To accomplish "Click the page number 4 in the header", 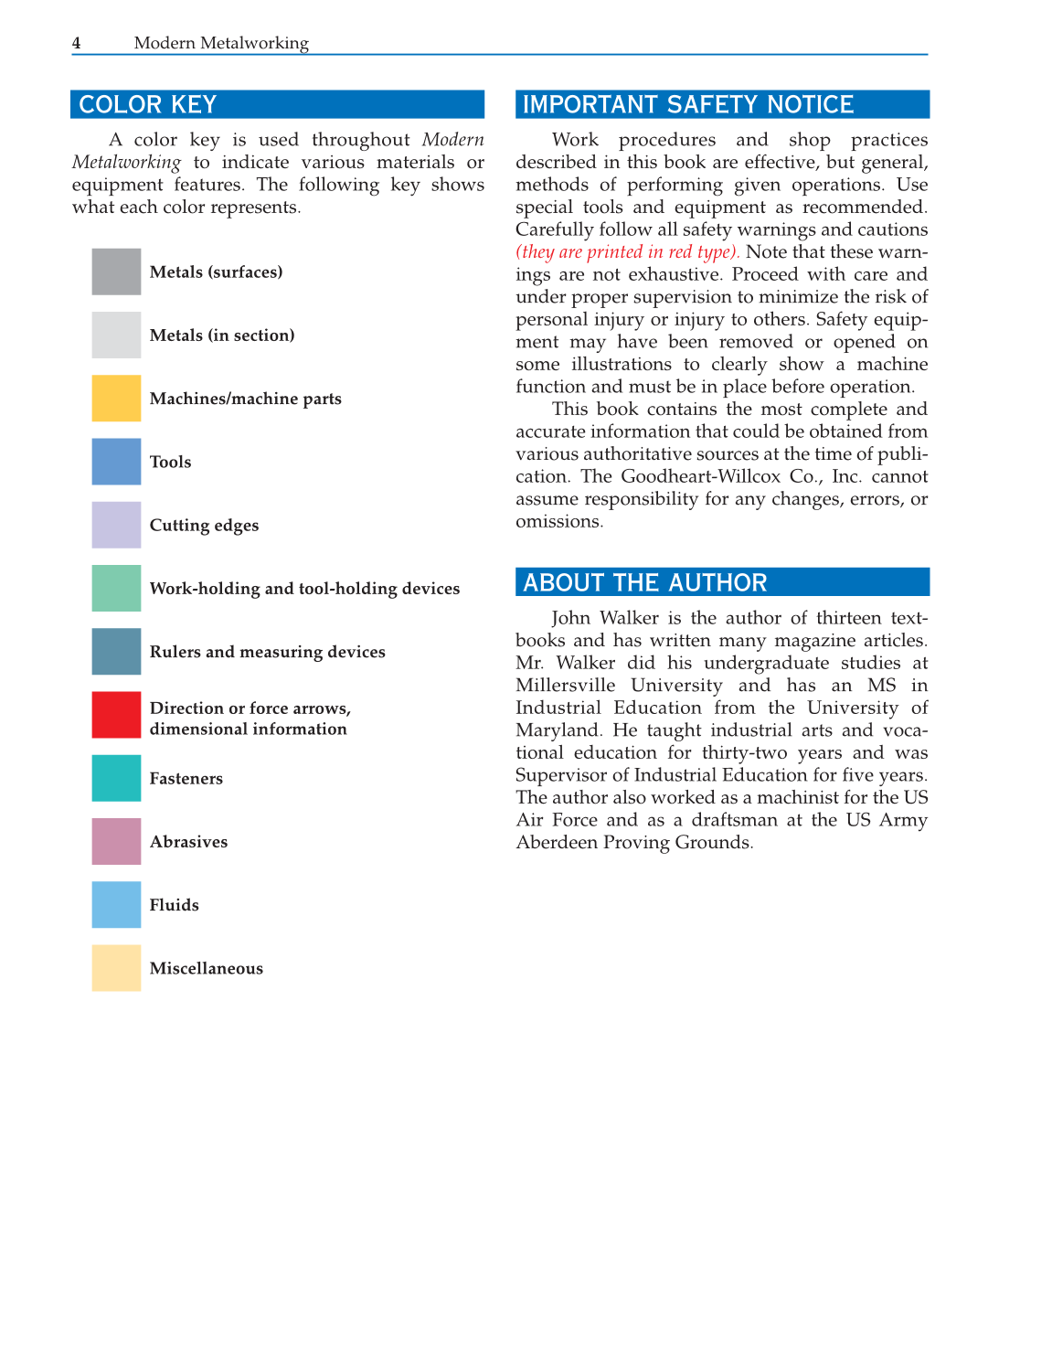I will [77, 43].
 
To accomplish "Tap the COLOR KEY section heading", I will [147, 104].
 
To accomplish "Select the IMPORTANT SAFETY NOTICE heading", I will [687, 104].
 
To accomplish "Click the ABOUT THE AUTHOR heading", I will [644, 582].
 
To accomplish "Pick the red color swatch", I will [116, 715].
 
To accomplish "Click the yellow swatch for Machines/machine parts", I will [116, 399].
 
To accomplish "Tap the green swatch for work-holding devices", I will [116, 588].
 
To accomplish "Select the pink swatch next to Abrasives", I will [116, 841].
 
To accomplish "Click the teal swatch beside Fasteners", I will [116, 778].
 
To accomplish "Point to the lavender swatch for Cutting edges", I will [116, 525].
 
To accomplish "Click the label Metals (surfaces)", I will [216, 272].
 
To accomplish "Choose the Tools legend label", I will [170, 462].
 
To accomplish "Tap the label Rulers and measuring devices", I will [267, 652].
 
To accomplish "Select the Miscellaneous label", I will [206, 968].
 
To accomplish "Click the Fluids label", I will [174, 905].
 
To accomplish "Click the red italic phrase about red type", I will [627, 252].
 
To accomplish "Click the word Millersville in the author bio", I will [565, 686].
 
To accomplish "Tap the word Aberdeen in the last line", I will [556, 842].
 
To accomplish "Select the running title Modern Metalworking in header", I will [221, 43].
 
